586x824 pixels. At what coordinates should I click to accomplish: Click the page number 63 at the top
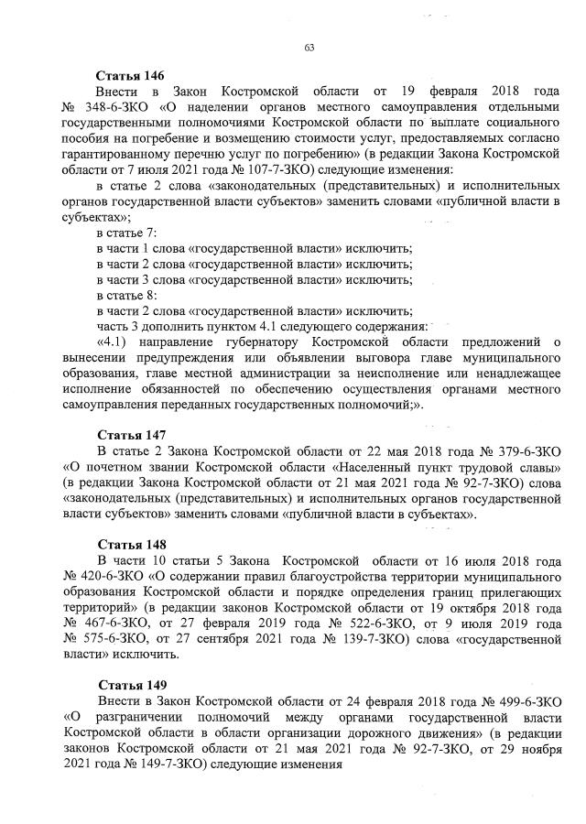(x=308, y=48)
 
